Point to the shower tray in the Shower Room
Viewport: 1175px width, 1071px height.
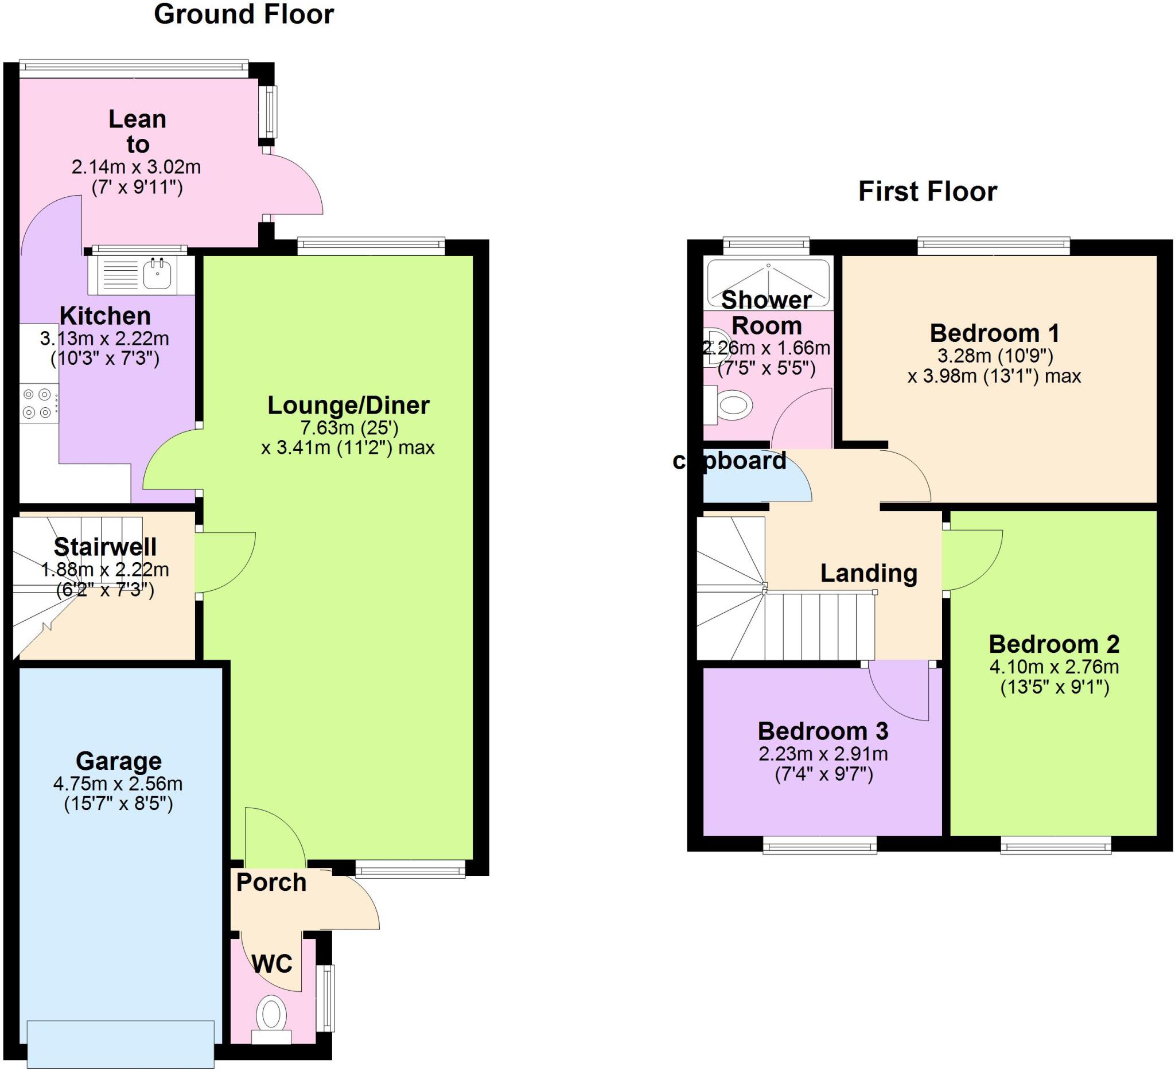(768, 283)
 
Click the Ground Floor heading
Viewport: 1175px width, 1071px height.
(244, 14)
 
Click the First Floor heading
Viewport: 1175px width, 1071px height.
(927, 192)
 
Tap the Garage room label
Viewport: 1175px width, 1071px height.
(118, 761)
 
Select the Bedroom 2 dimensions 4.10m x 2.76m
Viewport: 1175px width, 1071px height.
(1054, 667)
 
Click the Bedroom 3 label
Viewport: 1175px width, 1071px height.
(822, 731)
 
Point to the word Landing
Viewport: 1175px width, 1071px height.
(869, 574)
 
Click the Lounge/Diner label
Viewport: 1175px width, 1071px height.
(348, 406)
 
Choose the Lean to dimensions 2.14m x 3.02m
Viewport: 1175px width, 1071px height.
(136, 168)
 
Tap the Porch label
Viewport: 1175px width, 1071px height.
(271, 882)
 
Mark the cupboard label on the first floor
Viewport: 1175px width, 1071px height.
(729, 461)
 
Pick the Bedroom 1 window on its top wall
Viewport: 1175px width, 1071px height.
(993, 246)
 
